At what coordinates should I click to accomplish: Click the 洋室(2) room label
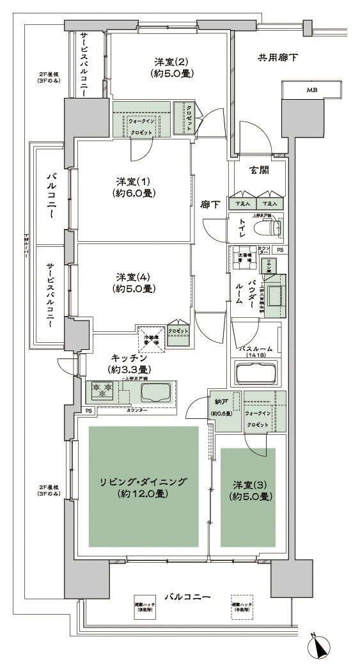point(170,62)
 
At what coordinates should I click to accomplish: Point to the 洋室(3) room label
point(249,484)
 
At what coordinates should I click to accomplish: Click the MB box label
point(311,90)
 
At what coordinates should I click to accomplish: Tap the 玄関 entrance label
point(258,170)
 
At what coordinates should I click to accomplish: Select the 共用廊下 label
point(278,58)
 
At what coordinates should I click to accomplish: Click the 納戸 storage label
point(222,402)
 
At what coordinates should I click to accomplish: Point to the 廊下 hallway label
point(210,205)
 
